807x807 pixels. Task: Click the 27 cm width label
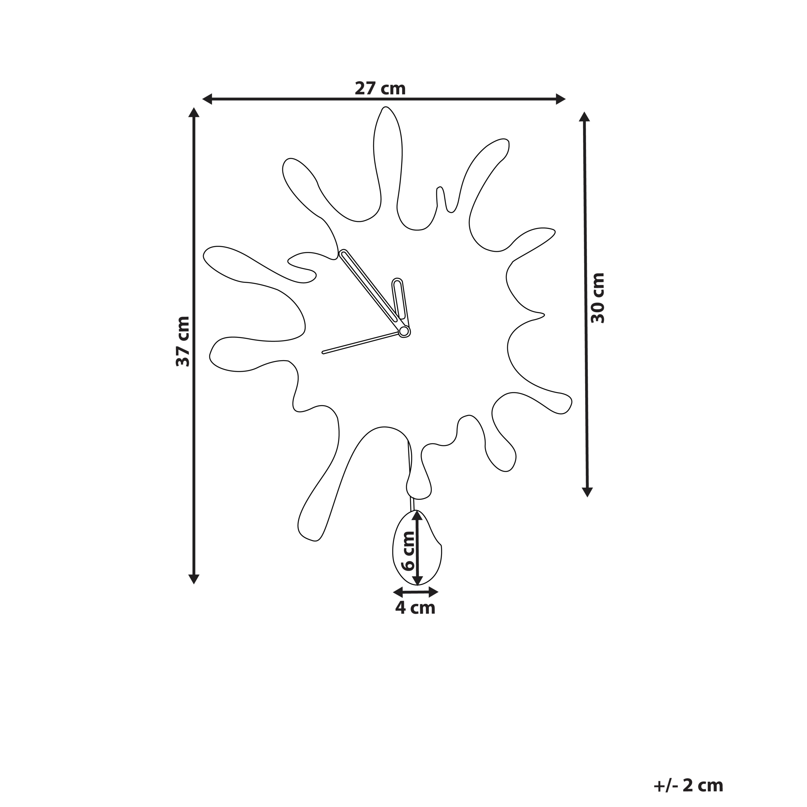[x=380, y=89]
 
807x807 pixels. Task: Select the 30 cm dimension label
[x=598, y=298]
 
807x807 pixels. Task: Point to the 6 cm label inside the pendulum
[x=407, y=551]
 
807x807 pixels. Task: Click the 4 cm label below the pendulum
[x=415, y=608]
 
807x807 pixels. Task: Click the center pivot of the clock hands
[x=404, y=331]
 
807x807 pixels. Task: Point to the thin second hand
[x=361, y=343]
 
